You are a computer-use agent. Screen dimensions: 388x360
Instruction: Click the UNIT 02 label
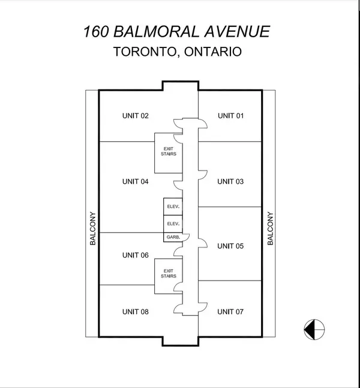pos(135,116)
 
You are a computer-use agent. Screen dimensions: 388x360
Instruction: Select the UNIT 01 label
pos(230,116)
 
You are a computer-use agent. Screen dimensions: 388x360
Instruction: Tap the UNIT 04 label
pos(135,181)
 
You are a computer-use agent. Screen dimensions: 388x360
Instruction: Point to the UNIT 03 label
pos(230,181)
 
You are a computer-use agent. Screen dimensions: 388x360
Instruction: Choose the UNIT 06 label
pos(135,255)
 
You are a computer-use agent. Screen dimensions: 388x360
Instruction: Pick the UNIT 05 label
pos(230,246)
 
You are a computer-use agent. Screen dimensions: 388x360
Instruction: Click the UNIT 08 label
pos(135,312)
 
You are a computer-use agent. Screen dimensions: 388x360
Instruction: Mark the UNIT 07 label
pos(230,312)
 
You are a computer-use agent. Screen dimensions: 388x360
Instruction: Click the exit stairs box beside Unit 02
pos(169,151)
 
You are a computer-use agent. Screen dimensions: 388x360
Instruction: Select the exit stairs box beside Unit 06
pos(169,273)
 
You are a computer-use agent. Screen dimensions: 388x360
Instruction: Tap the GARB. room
pos(172,238)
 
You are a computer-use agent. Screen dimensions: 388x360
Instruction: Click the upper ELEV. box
pos(172,207)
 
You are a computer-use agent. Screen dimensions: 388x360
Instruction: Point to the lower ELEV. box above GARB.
pos(172,223)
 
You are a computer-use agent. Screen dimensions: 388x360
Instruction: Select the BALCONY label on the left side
pos(93,228)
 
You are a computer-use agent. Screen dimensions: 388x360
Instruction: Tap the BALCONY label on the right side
pos(270,228)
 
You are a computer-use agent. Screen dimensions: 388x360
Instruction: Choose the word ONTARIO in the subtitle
pos(212,52)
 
